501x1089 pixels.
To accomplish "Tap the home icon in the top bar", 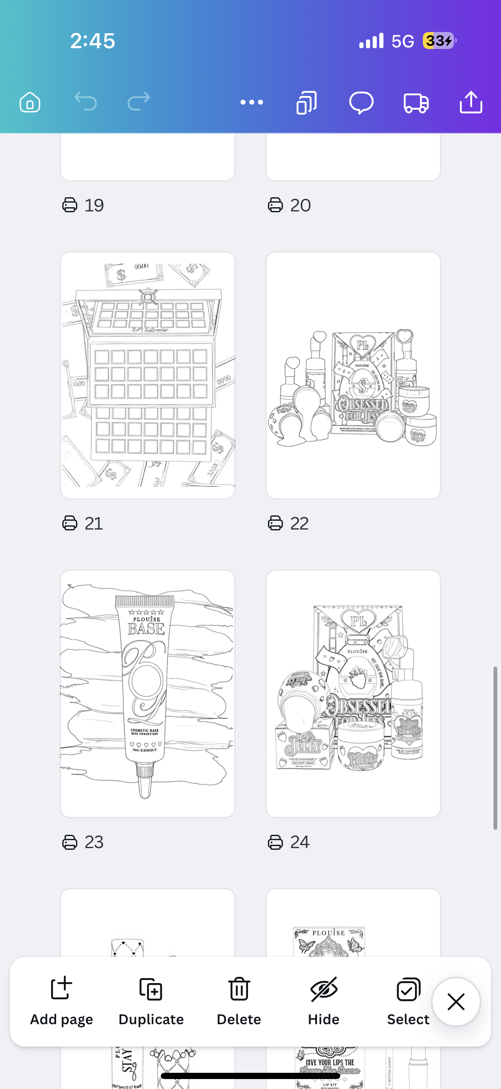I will tap(29, 102).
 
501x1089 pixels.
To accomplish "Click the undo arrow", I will tap(86, 102).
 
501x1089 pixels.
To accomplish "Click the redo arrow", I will tap(139, 102).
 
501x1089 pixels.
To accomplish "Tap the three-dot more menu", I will tap(252, 102).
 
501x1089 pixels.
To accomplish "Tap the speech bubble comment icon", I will tap(361, 103).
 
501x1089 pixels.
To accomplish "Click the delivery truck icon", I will tap(416, 103).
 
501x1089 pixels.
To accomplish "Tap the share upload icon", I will tap(471, 102).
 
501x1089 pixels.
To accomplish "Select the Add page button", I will tap(61, 1001).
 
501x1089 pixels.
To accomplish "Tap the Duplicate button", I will tap(151, 1001).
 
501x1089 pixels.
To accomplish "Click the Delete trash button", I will tap(239, 1001).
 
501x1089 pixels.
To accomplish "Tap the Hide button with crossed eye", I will tap(324, 1001).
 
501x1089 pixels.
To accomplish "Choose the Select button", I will tap(408, 1001).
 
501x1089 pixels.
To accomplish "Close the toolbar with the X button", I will tap(456, 1001).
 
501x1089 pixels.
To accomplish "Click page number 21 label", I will tap(93, 523).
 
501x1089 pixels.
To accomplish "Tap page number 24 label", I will tap(300, 842).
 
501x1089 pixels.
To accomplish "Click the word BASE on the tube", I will tap(146, 629).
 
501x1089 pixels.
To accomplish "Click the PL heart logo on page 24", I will tap(358, 621).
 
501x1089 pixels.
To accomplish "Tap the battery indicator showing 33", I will tap(439, 41).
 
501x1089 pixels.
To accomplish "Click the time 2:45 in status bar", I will tap(93, 41).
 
